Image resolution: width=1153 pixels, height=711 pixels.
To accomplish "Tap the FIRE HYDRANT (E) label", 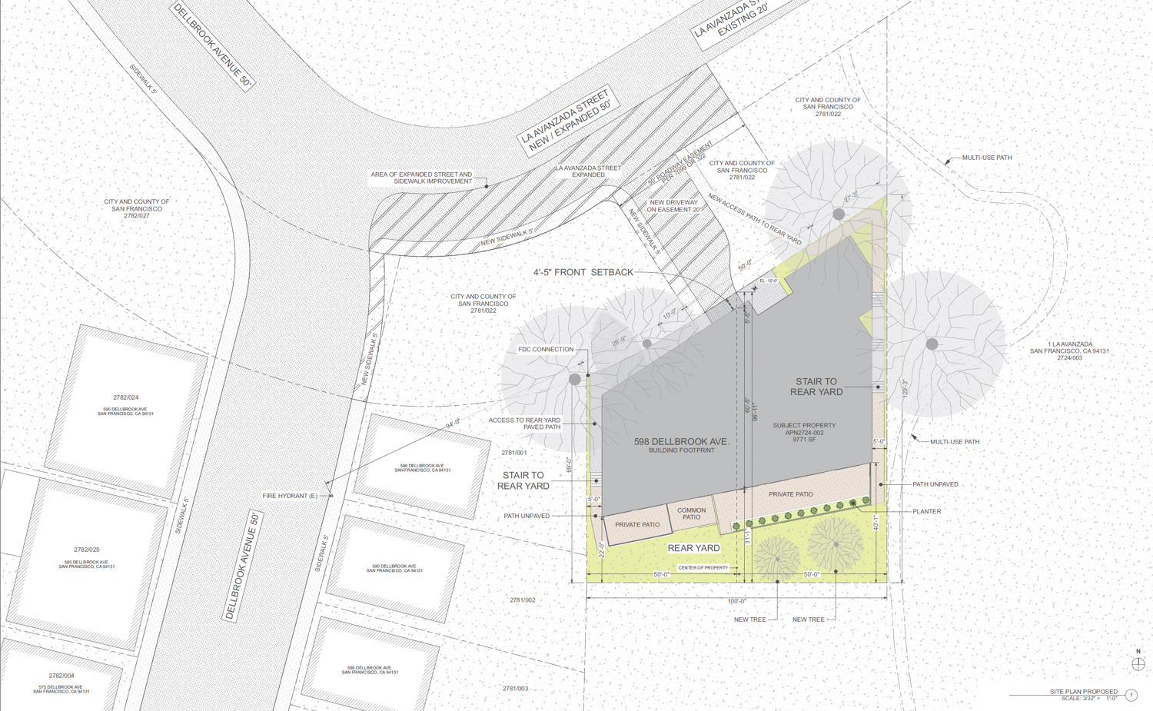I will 290,496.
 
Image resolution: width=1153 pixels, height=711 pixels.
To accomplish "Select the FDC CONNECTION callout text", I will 546,350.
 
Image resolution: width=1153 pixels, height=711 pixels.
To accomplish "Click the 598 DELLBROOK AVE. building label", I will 681,442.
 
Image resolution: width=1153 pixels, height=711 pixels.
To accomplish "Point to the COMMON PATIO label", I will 691,513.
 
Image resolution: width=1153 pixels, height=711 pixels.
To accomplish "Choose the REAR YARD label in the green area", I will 693,548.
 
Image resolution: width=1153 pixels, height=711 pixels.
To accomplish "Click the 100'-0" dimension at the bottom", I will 736,601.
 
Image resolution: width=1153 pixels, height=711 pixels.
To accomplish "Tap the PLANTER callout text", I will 926,511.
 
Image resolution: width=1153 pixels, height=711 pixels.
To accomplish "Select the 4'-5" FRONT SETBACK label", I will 583,272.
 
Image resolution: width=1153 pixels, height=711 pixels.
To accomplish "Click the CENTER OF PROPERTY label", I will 703,568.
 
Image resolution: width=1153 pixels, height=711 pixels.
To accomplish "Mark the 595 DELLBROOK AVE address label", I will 125,411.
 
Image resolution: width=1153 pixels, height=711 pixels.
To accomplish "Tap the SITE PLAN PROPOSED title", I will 1083,692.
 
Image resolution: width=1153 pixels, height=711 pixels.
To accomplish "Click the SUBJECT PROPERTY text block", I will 804,432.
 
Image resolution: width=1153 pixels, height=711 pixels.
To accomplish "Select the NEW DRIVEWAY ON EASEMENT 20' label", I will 673,206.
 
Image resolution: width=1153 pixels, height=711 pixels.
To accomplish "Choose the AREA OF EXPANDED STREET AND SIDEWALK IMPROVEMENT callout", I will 421,178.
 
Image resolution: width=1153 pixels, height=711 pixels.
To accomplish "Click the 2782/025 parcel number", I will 87,550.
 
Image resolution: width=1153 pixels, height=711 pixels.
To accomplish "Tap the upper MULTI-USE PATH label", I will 986,158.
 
